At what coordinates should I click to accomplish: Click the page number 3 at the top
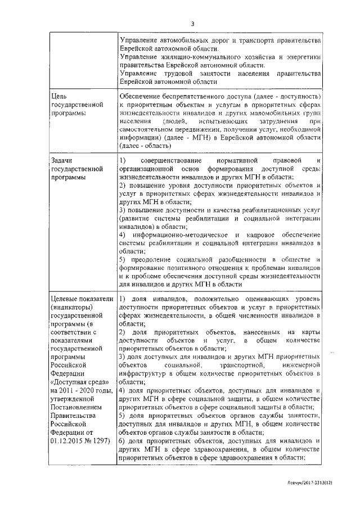(x=192, y=24)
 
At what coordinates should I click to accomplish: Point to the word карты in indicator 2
(x=310, y=332)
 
